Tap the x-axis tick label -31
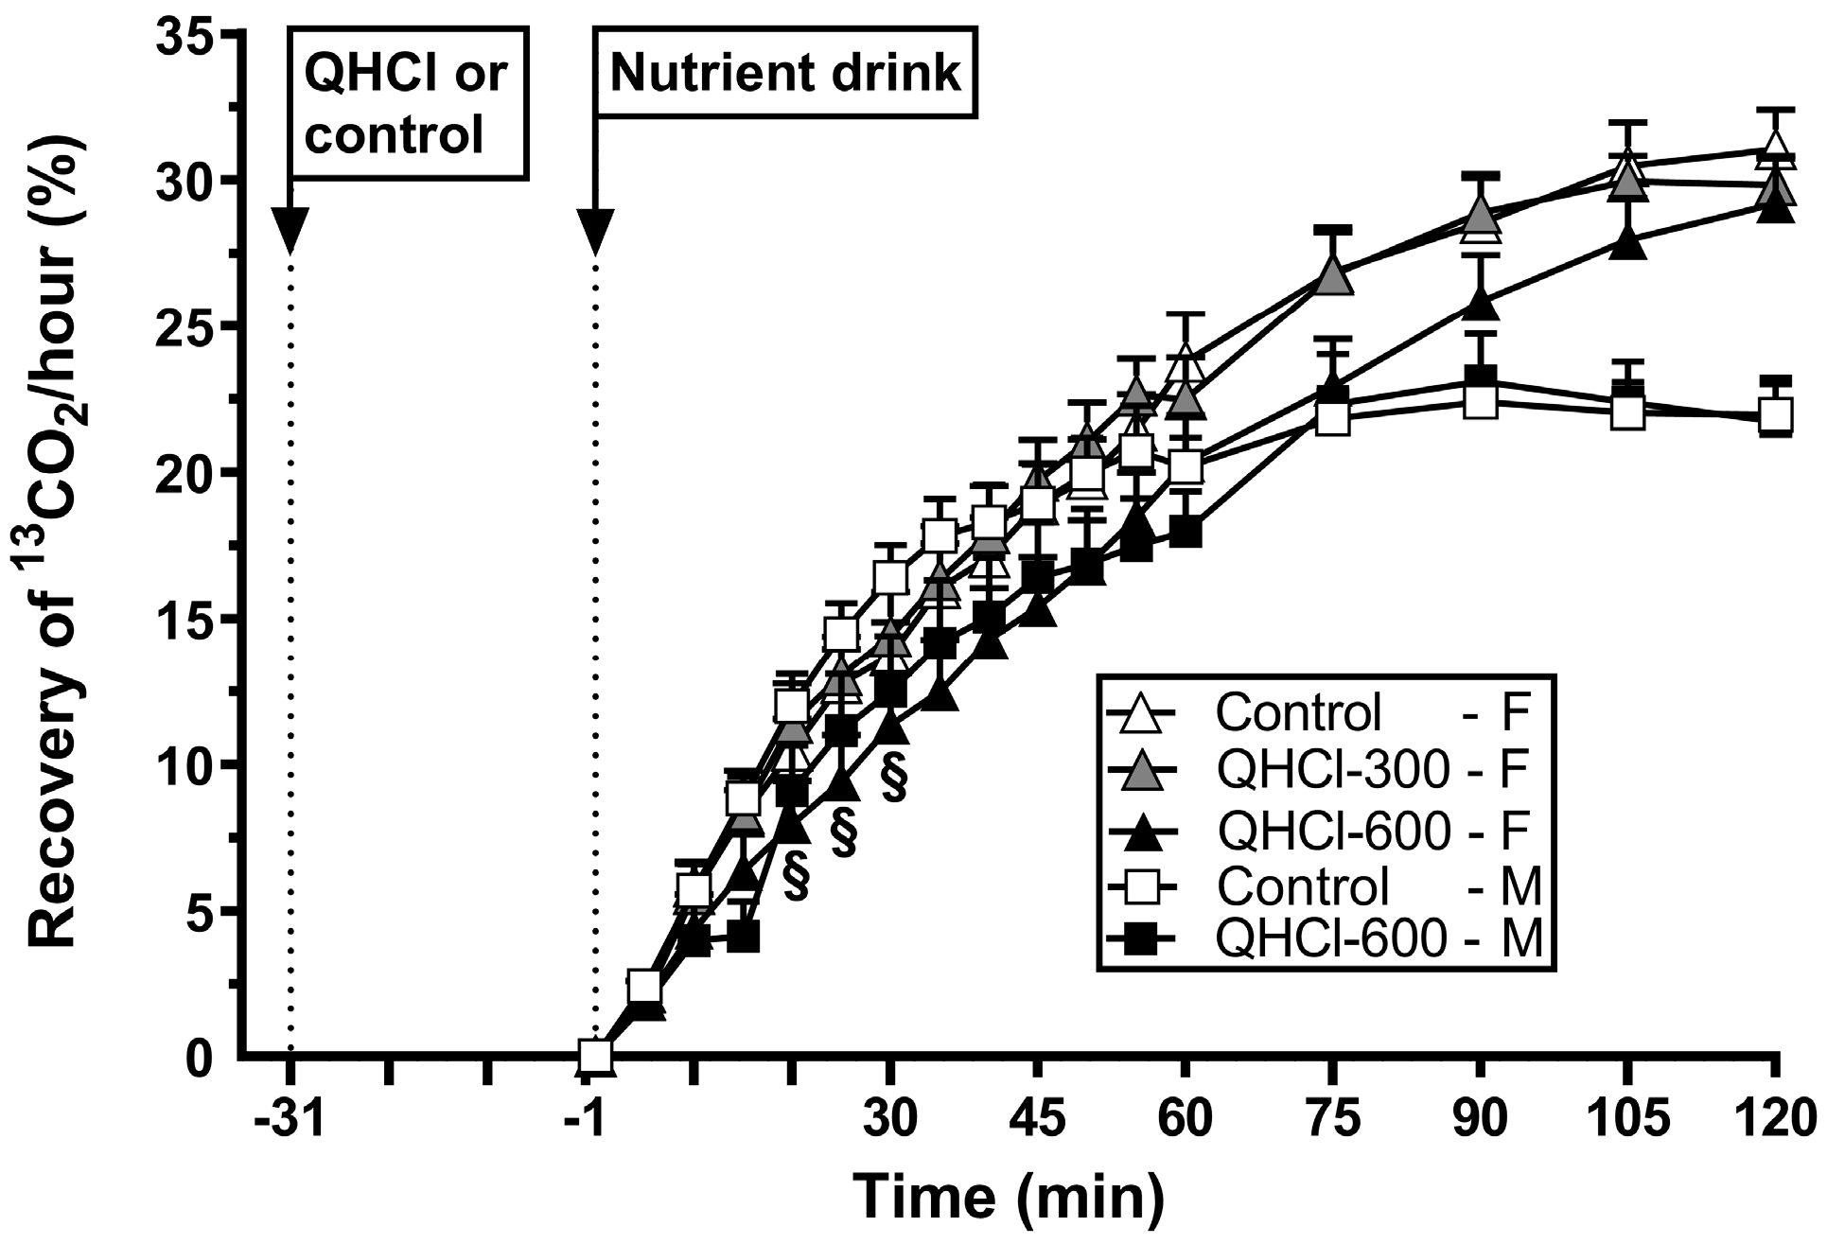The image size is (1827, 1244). click(x=290, y=1119)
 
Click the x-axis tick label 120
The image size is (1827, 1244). click(x=1774, y=1119)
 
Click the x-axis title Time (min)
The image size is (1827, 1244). click(x=1009, y=1196)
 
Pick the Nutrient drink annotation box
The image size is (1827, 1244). click(x=784, y=75)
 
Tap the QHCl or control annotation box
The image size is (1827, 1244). click(x=407, y=104)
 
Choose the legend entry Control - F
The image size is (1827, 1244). click(x=1325, y=712)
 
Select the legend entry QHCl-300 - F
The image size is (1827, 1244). click(x=1325, y=771)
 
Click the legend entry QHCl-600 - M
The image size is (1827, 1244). click(x=1325, y=939)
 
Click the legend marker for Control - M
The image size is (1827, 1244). click(x=1148, y=885)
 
